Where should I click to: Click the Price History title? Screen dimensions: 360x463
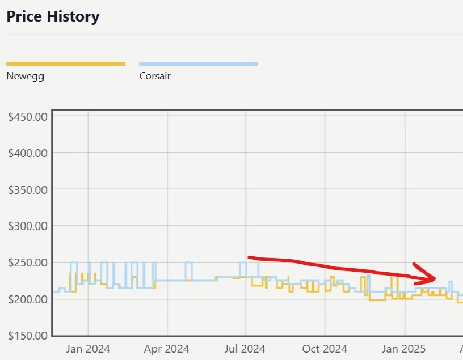tap(53, 16)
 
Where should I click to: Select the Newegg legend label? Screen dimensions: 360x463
tap(26, 75)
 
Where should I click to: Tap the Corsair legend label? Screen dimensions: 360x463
tap(155, 75)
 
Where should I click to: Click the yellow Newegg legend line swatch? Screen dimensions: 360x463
tap(66, 63)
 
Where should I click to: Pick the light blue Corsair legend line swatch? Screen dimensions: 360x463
tap(199, 63)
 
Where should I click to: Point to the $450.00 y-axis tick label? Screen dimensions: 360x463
tap(28, 117)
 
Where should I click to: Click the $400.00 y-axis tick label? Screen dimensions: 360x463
tap(28, 153)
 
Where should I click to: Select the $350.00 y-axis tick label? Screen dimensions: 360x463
tap(28, 189)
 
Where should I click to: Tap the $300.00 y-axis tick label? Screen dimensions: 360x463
tap(28, 226)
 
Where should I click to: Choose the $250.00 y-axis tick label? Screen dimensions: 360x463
tap(28, 262)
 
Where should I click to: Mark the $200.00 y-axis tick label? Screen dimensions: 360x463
tap(28, 299)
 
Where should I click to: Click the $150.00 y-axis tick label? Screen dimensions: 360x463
tap(28, 335)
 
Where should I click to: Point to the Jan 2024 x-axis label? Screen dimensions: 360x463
tap(88, 349)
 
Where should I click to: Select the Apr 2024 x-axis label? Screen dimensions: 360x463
tap(167, 349)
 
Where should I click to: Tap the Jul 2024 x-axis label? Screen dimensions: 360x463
tap(246, 349)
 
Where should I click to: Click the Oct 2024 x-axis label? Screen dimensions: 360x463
tap(325, 349)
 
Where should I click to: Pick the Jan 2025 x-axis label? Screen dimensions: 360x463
tap(405, 349)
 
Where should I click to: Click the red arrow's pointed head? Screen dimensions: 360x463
tap(433, 278)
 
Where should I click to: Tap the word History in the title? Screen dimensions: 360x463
tap(73, 16)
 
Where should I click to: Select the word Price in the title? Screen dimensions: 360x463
tap(23, 16)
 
